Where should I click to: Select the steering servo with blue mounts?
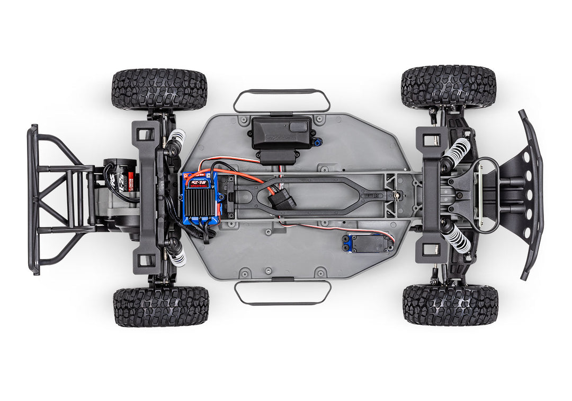pyautogui.click(x=368, y=242)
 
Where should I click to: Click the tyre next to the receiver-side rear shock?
pyautogui.click(x=159, y=89)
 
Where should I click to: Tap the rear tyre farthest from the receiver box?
pyautogui.click(x=160, y=306)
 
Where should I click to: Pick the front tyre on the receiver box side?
pyautogui.click(x=448, y=87)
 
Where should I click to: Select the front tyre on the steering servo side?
pyautogui.click(x=450, y=304)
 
